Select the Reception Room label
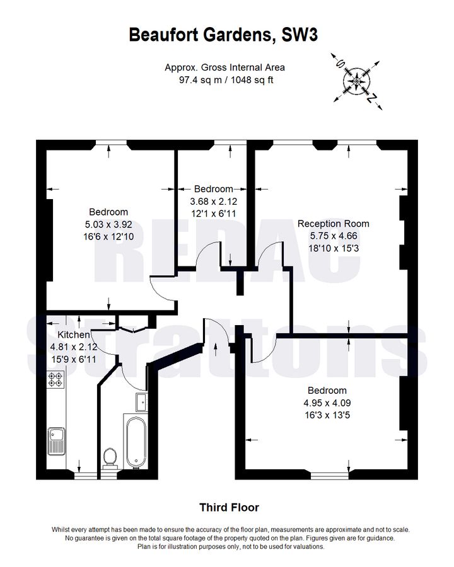click(x=333, y=224)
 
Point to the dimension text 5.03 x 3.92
click(x=108, y=224)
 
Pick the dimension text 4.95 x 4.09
click(x=327, y=403)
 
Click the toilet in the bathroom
click(x=111, y=456)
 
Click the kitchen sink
click(x=56, y=439)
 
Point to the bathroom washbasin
click(x=141, y=401)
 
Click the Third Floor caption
click(x=229, y=507)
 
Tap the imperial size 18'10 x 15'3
click(x=333, y=248)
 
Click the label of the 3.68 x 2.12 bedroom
click(x=213, y=189)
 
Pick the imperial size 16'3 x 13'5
click(x=327, y=415)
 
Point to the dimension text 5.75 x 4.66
click(x=333, y=236)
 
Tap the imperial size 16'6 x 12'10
click(x=108, y=236)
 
